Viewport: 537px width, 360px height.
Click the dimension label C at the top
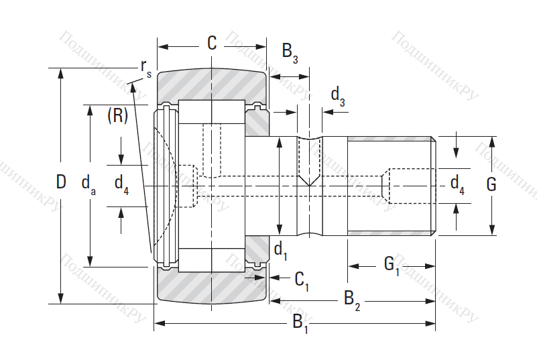(x=212, y=44)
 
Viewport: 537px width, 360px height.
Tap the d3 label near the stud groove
(x=338, y=97)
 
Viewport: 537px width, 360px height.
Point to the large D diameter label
(x=61, y=182)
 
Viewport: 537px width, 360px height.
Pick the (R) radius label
(x=117, y=116)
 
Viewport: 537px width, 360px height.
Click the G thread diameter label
(x=491, y=185)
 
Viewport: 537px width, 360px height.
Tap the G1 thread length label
(x=392, y=265)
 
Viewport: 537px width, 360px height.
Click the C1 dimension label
(x=302, y=279)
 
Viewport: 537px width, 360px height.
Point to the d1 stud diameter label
(x=280, y=251)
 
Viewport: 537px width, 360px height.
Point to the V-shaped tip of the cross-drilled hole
(x=309, y=182)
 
